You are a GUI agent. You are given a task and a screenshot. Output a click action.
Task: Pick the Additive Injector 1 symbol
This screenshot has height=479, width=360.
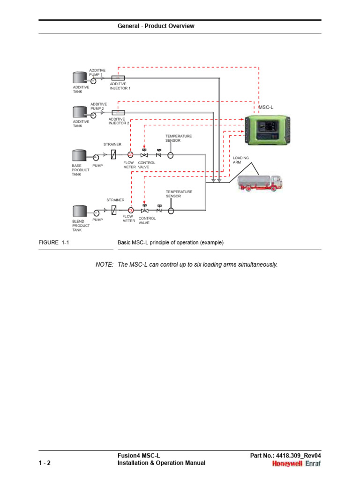tap(118, 78)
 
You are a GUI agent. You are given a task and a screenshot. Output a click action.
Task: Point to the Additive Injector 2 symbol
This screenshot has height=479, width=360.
tap(118, 113)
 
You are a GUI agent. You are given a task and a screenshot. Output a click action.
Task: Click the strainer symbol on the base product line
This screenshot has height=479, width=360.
tap(114, 155)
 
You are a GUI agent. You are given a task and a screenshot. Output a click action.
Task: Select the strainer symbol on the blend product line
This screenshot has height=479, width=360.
tap(114, 210)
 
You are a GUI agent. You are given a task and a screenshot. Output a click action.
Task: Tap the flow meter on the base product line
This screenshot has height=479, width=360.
tap(130, 155)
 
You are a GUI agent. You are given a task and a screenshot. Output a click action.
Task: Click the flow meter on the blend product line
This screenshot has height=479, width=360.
tap(130, 210)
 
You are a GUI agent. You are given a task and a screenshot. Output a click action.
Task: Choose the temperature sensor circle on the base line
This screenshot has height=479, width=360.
tap(170, 155)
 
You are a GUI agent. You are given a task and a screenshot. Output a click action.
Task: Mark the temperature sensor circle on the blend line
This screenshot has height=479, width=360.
tap(171, 210)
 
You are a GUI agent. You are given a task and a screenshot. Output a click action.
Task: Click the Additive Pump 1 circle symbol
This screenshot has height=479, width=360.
tap(93, 80)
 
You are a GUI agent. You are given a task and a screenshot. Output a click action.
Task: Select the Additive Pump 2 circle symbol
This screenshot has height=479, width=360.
tap(93, 115)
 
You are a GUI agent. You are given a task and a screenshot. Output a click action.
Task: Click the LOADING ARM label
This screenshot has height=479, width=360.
tap(240, 160)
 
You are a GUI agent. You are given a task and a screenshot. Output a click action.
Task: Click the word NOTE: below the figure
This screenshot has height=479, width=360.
tap(105, 265)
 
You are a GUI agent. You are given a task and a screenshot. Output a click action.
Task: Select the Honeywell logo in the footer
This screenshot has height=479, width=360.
tap(288, 464)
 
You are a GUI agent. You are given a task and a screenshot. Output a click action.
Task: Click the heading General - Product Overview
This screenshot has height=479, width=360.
tap(156, 26)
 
